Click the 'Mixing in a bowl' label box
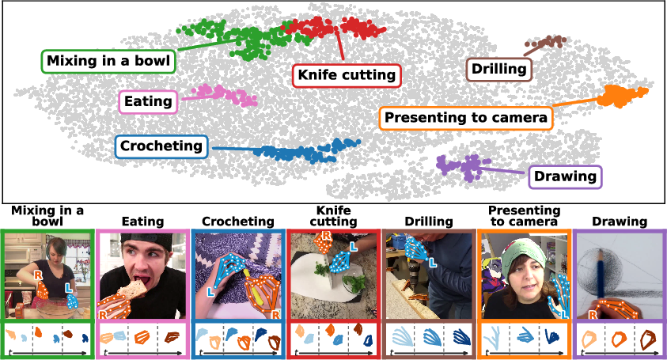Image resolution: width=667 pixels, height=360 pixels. tap(108, 61)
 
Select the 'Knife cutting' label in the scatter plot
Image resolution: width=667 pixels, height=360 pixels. tap(347, 76)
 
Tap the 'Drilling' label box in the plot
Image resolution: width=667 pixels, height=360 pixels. tap(499, 70)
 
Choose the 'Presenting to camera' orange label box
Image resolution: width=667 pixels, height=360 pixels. tap(466, 118)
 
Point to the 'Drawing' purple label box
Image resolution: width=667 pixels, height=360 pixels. tap(566, 177)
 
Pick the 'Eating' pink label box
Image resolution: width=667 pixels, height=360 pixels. tap(148, 102)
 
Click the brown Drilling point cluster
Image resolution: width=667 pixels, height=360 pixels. tap(546, 42)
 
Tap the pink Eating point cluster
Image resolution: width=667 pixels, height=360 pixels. tap(225, 95)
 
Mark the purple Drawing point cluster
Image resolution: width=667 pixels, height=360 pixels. tap(463, 166)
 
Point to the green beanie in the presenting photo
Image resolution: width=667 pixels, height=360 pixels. tap(524, 255)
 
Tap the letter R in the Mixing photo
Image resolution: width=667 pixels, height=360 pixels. tap(39, 275)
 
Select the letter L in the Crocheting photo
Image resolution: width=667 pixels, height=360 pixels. tap(210, 292)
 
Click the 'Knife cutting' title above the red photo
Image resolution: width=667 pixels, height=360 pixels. tap(334, 216)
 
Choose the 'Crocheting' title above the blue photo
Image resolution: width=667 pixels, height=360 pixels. tap(238, 222)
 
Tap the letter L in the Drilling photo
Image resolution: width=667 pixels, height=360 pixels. tap(433, 263)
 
